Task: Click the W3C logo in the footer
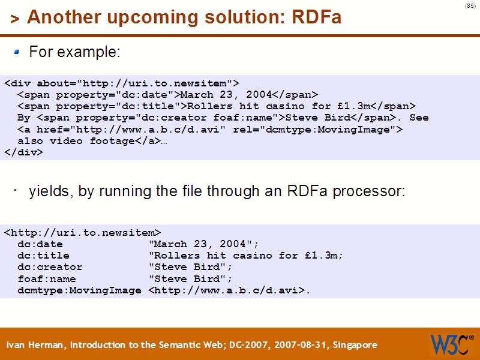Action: [451, 344]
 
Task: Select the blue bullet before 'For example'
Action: [17, 52]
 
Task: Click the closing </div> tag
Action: [23, 152]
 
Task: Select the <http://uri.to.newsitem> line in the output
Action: [82, 232]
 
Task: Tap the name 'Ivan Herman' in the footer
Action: [35, 345]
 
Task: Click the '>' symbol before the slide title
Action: [15, 19]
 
